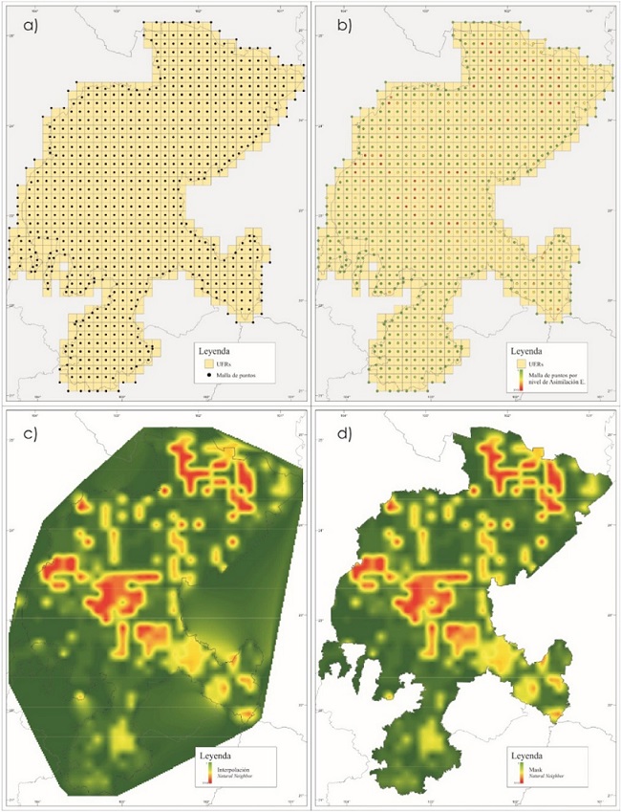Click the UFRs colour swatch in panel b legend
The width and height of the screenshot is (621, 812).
coord(522,364)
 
